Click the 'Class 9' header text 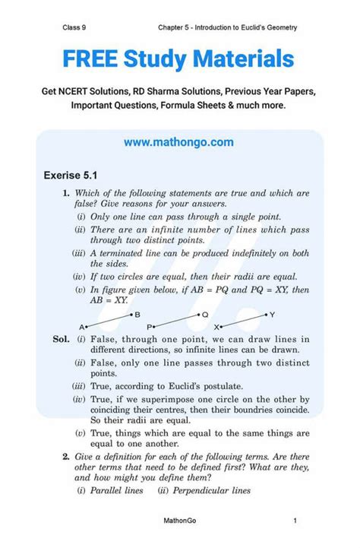(x=75, y=28)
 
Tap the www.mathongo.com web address (x=179, y=142)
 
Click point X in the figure (x=223, y=326)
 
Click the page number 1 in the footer (x=294, y=521)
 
